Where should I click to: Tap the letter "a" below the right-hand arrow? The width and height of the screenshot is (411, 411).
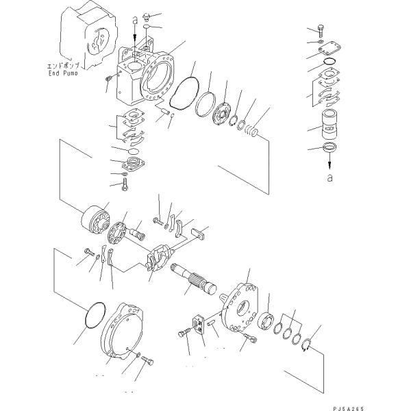tap(330, 177)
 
